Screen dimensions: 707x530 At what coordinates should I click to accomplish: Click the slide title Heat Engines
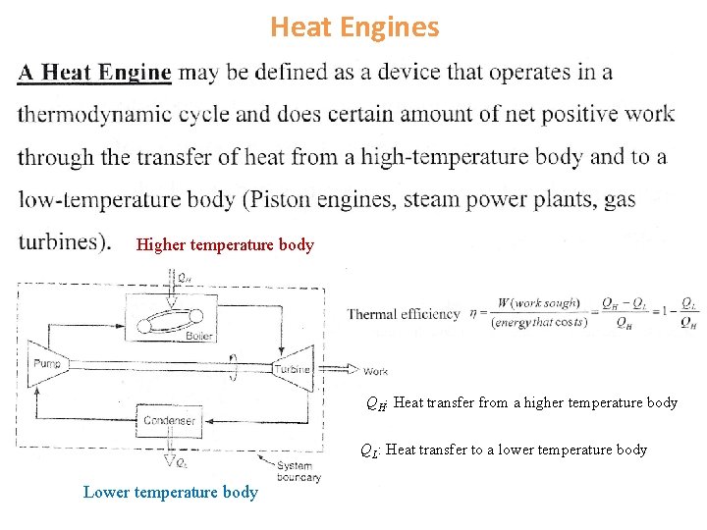pos(354,26)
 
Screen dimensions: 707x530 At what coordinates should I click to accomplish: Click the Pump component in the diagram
pos(46,364)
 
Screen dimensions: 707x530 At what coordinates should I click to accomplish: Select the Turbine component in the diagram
pos(292,368)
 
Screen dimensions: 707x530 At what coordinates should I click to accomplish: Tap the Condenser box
pos(170,420)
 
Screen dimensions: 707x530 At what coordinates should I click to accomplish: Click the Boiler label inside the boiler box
pos(199,336)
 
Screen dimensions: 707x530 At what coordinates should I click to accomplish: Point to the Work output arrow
pos(338,370)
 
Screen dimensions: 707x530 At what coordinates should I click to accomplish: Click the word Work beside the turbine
pos(375,372)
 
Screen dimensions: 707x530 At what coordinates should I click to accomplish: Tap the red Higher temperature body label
pos(225,245)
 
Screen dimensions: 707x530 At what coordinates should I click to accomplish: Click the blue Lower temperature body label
pos(171,492)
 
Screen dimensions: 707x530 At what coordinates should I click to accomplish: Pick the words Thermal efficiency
pos(404,314)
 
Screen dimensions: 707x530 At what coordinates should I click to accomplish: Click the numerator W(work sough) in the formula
pos(538,303)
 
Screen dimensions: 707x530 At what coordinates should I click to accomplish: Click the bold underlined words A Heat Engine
pos(94,73)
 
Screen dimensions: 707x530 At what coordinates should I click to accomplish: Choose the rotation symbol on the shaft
pos(232,362)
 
